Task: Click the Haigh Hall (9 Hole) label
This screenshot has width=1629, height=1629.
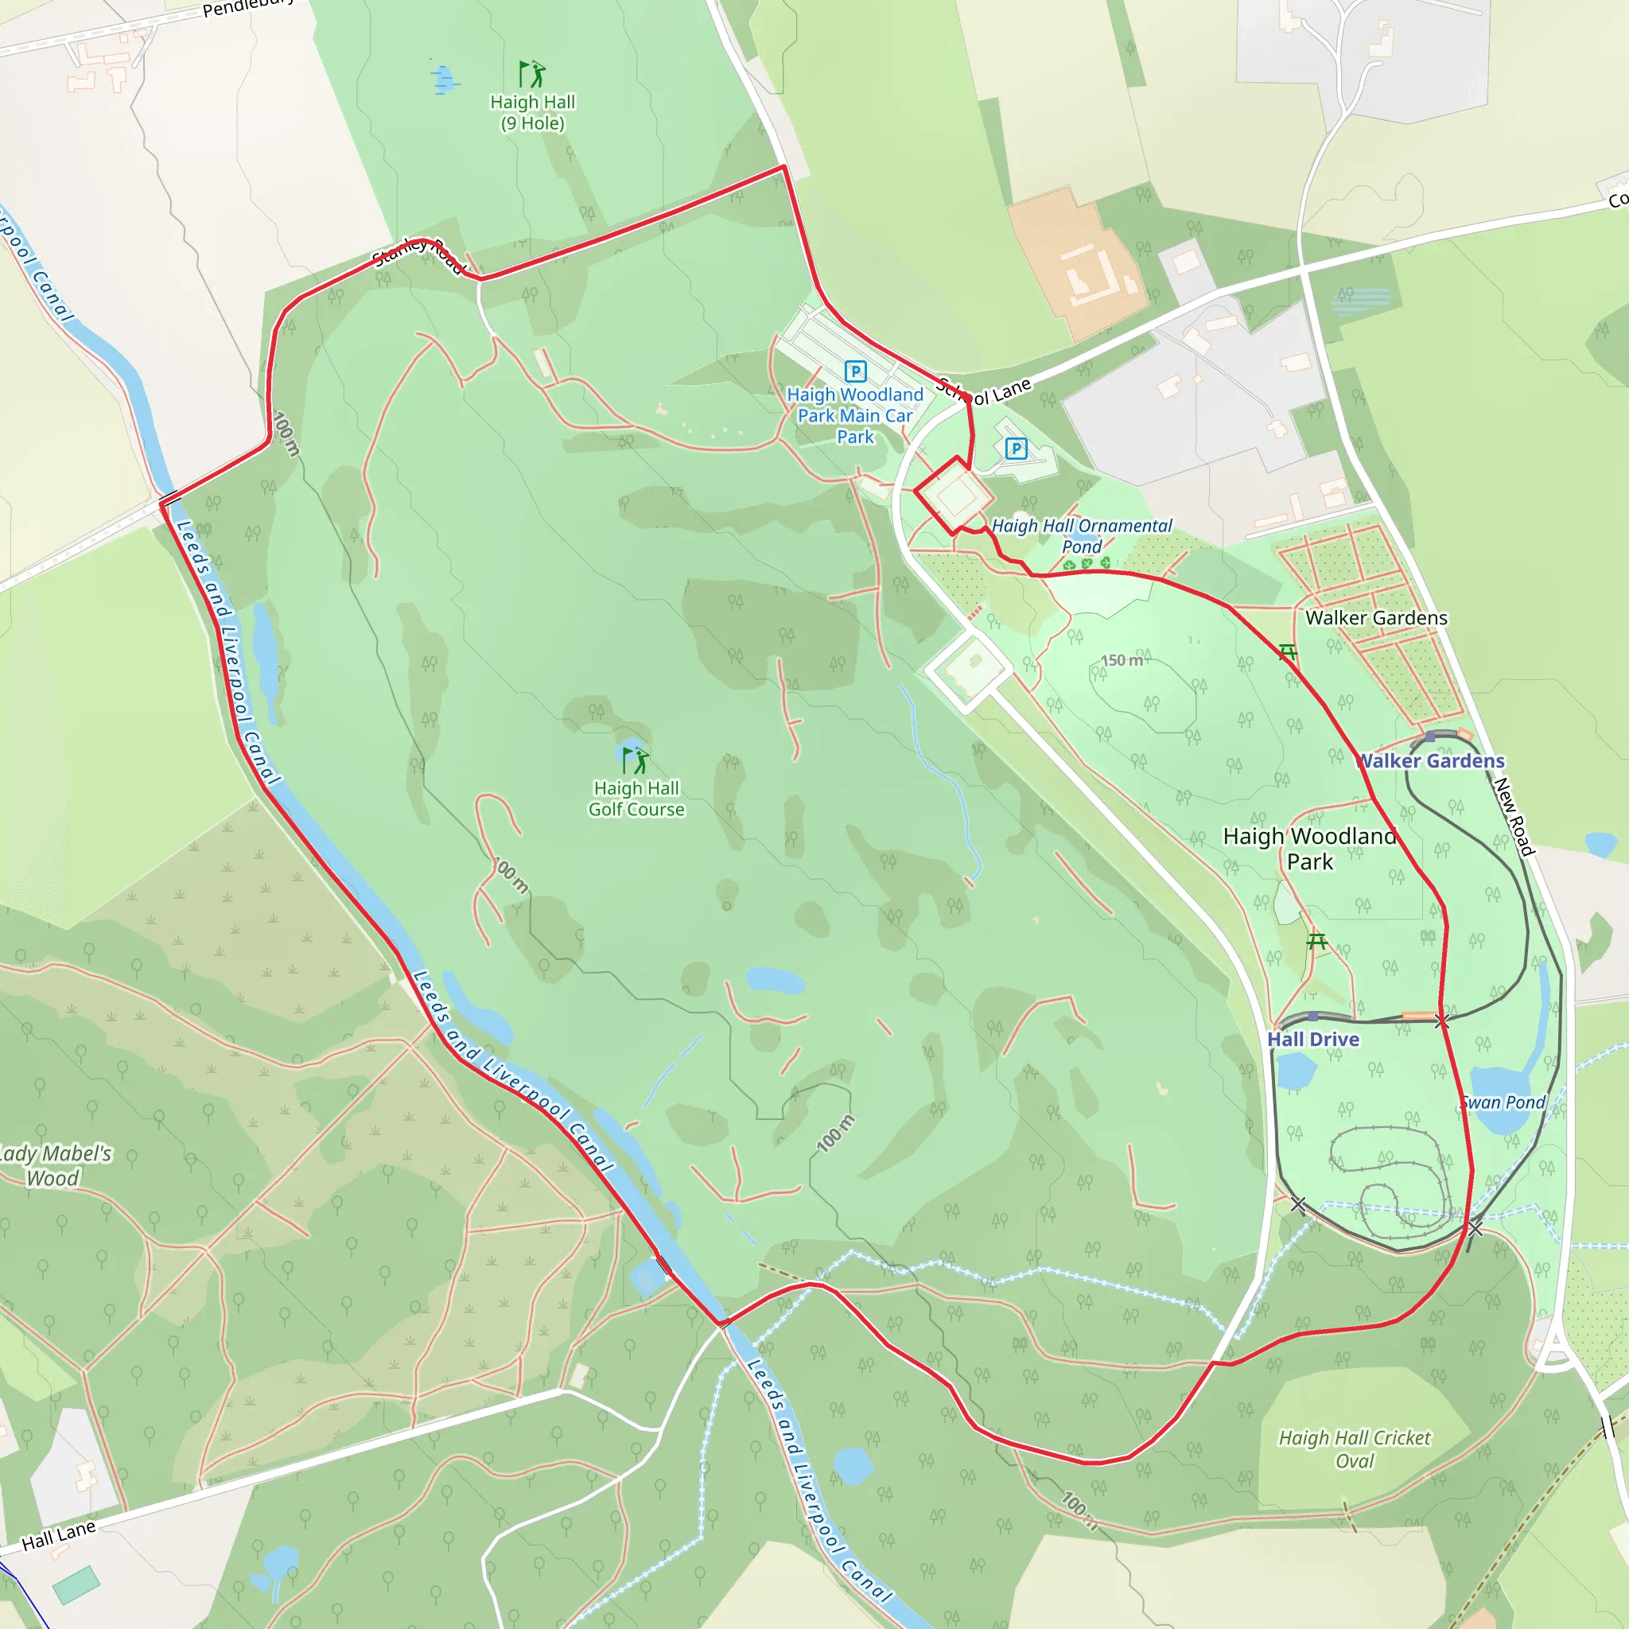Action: (x=532, y=112)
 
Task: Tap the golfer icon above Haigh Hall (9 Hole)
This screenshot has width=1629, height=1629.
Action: (x=531, y=74)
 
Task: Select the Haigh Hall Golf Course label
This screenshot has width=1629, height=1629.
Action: (x=636, y=799)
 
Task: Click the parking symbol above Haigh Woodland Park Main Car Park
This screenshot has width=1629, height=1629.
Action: (x=855, y=371)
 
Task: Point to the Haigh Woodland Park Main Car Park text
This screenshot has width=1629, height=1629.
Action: (x=855, y=416)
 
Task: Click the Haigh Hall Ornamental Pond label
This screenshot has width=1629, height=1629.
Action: (x=1082, y=535)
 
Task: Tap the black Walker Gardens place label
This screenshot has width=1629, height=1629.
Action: (x=1376, y=618)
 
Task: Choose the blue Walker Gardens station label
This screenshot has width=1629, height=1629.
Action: (x=1431, y=760)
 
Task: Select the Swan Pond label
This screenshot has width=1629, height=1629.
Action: (x=1503, y=1102)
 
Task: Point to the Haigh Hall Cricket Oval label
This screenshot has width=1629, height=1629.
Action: (x=1354, y=1448)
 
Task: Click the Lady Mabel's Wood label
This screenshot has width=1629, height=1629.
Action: (x=54, y=1165)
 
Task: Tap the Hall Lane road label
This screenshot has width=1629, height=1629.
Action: (x=58, y=1535)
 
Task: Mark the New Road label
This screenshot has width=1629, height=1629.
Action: (x=1514, y=816)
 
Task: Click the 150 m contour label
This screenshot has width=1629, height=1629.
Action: (x=1122, y=659)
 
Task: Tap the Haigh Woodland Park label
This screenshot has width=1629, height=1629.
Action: (x=1309, y=848)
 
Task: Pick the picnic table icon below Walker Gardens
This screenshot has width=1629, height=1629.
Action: (x=1288, y=651)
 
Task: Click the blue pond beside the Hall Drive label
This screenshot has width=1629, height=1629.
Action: (x=1296, y=1070)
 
